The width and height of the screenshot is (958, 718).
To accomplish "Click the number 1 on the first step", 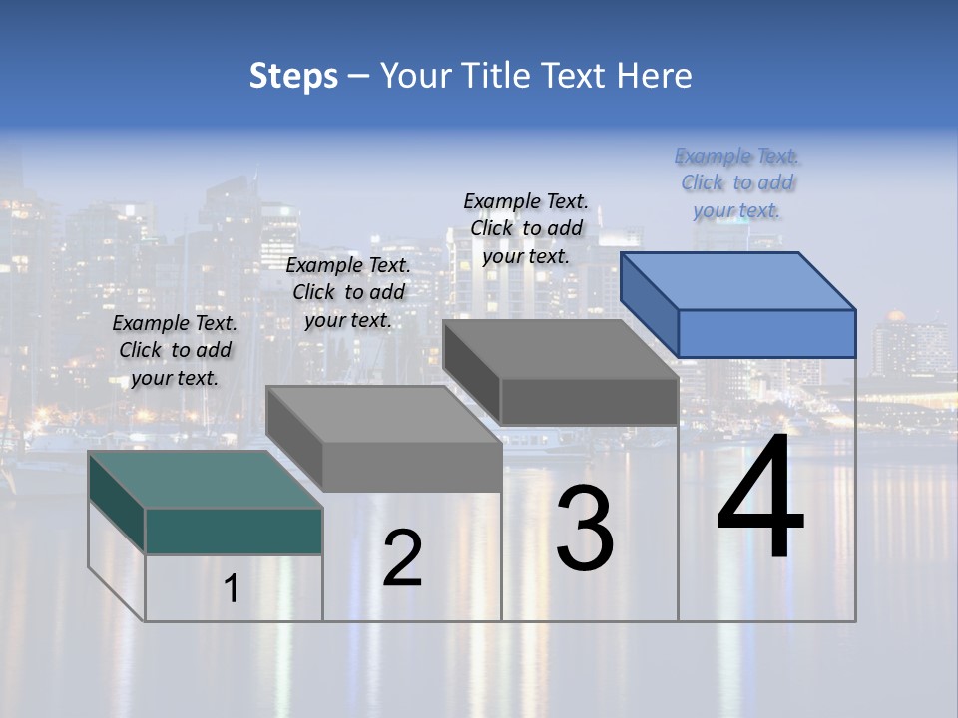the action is click(x=232, y=589).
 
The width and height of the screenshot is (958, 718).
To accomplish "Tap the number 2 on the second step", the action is click(x=402, y=558).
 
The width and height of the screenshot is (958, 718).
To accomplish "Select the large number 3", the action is click(x=585, y=529).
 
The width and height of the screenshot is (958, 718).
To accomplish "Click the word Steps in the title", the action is click(x=293, y=76).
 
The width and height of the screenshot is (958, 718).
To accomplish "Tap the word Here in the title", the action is click(x=655, y=76).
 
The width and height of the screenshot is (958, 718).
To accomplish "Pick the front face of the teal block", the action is click(x=234, y=531).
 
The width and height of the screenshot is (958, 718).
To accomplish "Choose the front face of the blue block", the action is click(x=766, y=333).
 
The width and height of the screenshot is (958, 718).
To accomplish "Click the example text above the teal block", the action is click(x=175, y=350).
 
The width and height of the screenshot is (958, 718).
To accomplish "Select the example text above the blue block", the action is click(x=736, y=183).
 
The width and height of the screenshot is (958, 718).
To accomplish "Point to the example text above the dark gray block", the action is click(x=526, y=228).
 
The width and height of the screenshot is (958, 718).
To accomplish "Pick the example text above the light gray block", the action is click(x=348, y=292).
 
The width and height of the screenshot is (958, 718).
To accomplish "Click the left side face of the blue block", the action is click(x=649, y=304).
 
